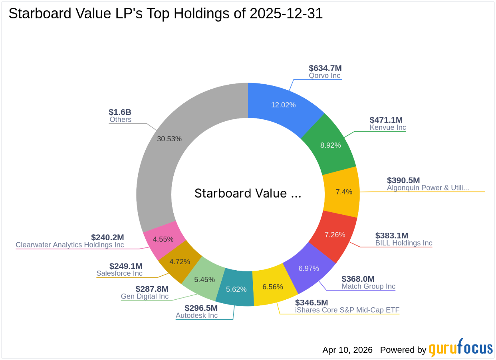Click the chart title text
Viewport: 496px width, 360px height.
point(165,14)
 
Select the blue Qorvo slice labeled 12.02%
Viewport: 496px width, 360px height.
point(283,105)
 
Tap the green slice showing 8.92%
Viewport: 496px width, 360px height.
point(330,145)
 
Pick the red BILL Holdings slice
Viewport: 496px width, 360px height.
point(335,234)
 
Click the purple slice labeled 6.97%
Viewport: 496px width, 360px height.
point(309,268)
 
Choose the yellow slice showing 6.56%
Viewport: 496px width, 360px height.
point(273,287)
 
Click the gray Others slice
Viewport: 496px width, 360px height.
point(169,139)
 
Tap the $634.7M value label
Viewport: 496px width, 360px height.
point(325,68)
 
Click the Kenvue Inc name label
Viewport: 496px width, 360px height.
point(387,128)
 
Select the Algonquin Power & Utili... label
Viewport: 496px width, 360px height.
point(428,188)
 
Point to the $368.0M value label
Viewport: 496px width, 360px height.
point(358,279)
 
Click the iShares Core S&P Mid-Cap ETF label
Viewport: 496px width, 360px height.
point(347,310)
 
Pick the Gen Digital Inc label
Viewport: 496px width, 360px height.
point(145,297)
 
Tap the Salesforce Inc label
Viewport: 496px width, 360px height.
point(119,273)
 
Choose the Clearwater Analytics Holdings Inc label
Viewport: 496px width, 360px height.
point(70,245)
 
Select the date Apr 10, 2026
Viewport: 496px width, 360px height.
point(347,350)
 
